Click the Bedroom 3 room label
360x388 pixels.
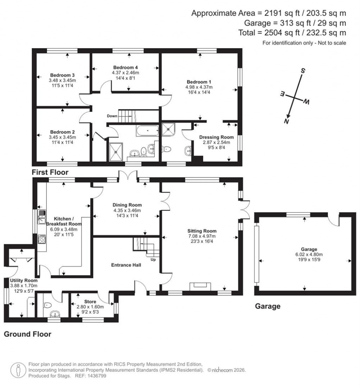pos(62,75)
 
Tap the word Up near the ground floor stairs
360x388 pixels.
pos(153,260)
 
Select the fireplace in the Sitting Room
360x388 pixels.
pos(200,287)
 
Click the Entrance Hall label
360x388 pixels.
pos(127,265)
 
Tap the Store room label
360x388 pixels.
pos(90,302)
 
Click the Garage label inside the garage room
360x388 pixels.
pos(304,249)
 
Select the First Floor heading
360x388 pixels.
pos(50,172)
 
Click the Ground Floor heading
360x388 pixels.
pos(27,334)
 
